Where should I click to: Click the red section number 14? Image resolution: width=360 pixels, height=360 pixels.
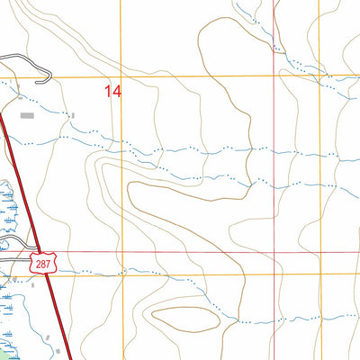[112, 91]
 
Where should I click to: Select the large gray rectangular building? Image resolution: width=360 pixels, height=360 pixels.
[27, 115]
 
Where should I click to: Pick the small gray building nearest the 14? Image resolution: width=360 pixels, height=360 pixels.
[73, 115]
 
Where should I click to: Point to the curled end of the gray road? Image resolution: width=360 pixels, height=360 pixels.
[4, 59]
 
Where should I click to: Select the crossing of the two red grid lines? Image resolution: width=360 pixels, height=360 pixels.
[275, 253]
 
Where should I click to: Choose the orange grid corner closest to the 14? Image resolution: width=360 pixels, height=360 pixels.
[123, 77]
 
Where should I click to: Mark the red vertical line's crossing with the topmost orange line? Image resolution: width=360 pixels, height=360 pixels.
[275, 77]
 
